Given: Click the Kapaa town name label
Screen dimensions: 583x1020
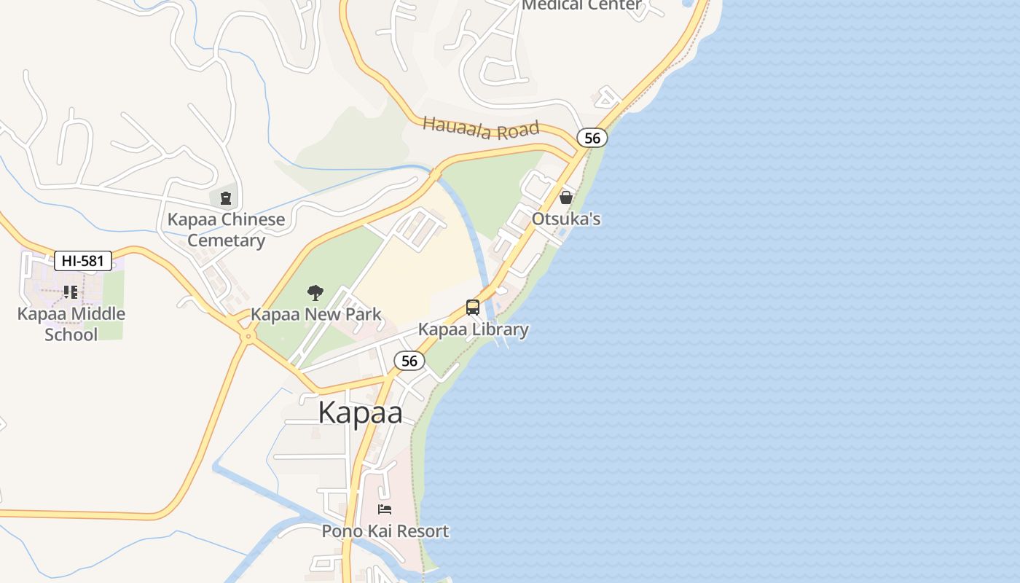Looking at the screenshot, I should (361, 412).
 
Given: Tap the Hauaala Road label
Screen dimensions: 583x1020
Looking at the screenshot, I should (481, 128).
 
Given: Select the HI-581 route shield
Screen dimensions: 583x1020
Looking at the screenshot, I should (83, 261).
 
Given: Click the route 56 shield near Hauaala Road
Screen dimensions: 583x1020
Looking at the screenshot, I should (592, 138).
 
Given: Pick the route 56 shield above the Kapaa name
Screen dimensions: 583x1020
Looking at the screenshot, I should (409, 361).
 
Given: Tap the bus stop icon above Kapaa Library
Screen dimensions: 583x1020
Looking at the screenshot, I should (473, 308).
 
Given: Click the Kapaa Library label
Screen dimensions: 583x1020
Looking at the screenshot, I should (474, 329).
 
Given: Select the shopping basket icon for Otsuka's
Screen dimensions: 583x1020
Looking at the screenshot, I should (565, 197).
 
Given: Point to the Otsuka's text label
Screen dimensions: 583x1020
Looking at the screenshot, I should (566, 219).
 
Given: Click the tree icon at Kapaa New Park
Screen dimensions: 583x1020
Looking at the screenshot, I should (315, 293).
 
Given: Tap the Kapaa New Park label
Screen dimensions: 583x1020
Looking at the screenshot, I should (316, 315).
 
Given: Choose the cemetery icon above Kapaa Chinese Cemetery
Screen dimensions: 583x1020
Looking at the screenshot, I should (226, 197).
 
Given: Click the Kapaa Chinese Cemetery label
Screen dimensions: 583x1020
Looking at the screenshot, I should (226, 230).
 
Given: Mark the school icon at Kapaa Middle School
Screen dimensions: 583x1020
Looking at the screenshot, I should (71, 292).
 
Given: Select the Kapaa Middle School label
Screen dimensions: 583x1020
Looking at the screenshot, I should (71, 324).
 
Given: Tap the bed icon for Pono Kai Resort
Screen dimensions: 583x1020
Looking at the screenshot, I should (385, 509).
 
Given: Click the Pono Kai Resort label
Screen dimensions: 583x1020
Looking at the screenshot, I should (385, 531).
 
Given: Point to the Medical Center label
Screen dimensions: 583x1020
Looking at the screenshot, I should (582, 5).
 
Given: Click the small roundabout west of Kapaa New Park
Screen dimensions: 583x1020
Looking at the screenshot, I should (248, 336).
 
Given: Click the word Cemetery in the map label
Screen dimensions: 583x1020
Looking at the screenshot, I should (226, 240).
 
